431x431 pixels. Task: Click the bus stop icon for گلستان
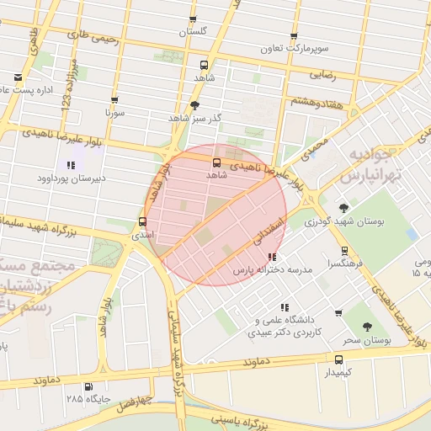[x=193, y=19]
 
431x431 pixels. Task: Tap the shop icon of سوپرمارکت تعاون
[x=294, y=36]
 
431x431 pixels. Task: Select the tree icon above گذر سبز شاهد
[x=195, y=105]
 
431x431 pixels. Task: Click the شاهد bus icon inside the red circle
[x=216, y=162]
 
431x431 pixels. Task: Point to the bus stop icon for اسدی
[x=141, y=223]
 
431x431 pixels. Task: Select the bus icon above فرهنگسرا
[x=343, y=250]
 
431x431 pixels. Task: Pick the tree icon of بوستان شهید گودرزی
[x=343, y=208]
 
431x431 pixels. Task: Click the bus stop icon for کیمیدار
[x=338, y=358]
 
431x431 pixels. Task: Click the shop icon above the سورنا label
[x=115, y=98]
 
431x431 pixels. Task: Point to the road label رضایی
[x=325, y=75]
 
